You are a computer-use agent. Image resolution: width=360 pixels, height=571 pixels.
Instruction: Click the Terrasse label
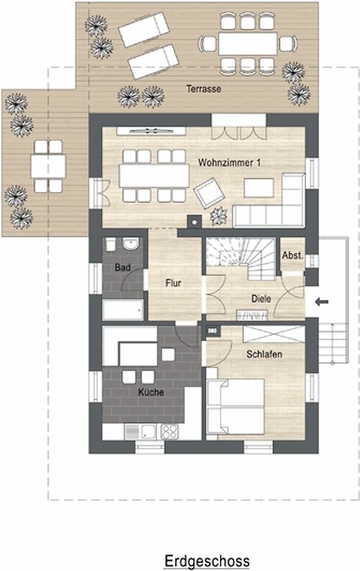(x=204, y=89)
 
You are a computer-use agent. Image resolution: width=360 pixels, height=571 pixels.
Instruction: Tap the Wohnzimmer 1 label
(x=229, y=163)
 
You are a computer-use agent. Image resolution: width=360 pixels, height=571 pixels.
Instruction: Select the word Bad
(x=122, y=268)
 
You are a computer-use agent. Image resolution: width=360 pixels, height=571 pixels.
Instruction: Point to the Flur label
(x=173, y=283)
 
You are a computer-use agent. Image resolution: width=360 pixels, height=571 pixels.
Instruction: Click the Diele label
(x=261, y=298)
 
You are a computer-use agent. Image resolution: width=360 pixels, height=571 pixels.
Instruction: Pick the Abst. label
(x=293, y=256)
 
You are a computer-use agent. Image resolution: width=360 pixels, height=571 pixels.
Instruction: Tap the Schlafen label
(x=264, y=354)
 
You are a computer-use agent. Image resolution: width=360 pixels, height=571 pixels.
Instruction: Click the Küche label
(x=151, y=392)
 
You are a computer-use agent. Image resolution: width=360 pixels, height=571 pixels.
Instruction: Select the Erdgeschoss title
(x=207, y=561)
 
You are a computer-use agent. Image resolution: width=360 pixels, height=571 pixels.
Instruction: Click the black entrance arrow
(x=321, y=301)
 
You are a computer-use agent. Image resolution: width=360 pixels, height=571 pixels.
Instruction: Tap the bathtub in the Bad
(x=123, y=310)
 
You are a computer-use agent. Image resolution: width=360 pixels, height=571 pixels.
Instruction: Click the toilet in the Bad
(x=111, y=244)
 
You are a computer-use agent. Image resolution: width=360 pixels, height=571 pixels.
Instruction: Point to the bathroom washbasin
(x=131, y=243)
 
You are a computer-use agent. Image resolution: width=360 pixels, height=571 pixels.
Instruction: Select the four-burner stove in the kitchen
(x=169, y=432)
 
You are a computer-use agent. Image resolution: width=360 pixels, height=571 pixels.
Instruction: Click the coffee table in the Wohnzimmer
(x=259, y=188)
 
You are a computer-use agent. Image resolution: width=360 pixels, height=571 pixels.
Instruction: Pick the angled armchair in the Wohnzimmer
(x=209, y=193)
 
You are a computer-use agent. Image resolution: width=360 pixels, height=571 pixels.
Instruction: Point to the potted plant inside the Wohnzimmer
(x=219, y=216)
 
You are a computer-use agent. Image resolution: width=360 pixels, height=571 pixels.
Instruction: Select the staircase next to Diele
(x=241, y=258)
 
